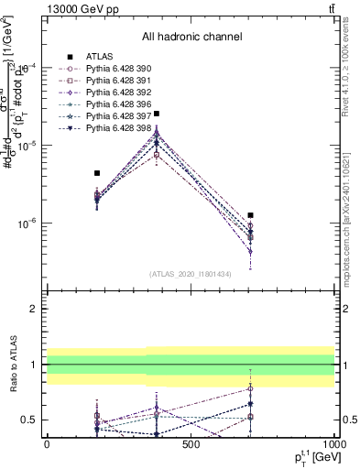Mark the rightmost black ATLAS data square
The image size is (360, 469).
tap(250, 215)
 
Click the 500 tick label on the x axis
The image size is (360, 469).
tap(191, 444)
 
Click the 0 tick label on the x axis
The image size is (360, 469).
tap(47, 444)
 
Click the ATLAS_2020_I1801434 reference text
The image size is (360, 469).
tap(190, 275)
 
